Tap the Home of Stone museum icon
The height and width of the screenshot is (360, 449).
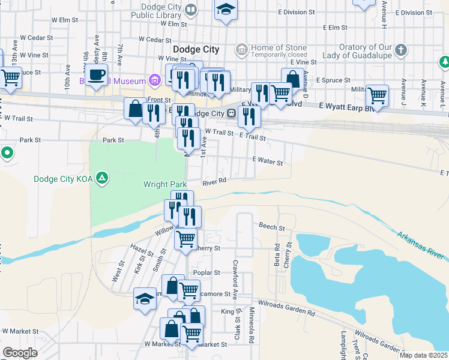tap(241, 49)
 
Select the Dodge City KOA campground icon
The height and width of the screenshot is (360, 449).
tap(103, 178)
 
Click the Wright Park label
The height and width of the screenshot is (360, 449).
tap(165, 184)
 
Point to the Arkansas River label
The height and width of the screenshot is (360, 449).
tap(421, 244)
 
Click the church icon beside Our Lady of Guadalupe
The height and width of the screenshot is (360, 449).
tap(401, 49)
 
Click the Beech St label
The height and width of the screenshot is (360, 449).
tap(271, 226)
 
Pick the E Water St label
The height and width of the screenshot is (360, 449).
tap(268, 160)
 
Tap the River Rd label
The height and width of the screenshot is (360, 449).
tap(214, 181)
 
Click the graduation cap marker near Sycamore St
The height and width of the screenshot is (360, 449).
tap(145, 299)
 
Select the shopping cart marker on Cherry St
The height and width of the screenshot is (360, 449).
tap(185, 238)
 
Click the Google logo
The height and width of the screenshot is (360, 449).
tap(20, 353)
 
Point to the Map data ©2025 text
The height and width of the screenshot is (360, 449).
tap(424, 355)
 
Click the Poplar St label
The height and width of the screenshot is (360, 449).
tap(204, 272)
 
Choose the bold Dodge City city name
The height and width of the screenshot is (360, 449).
tap(196, 49)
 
